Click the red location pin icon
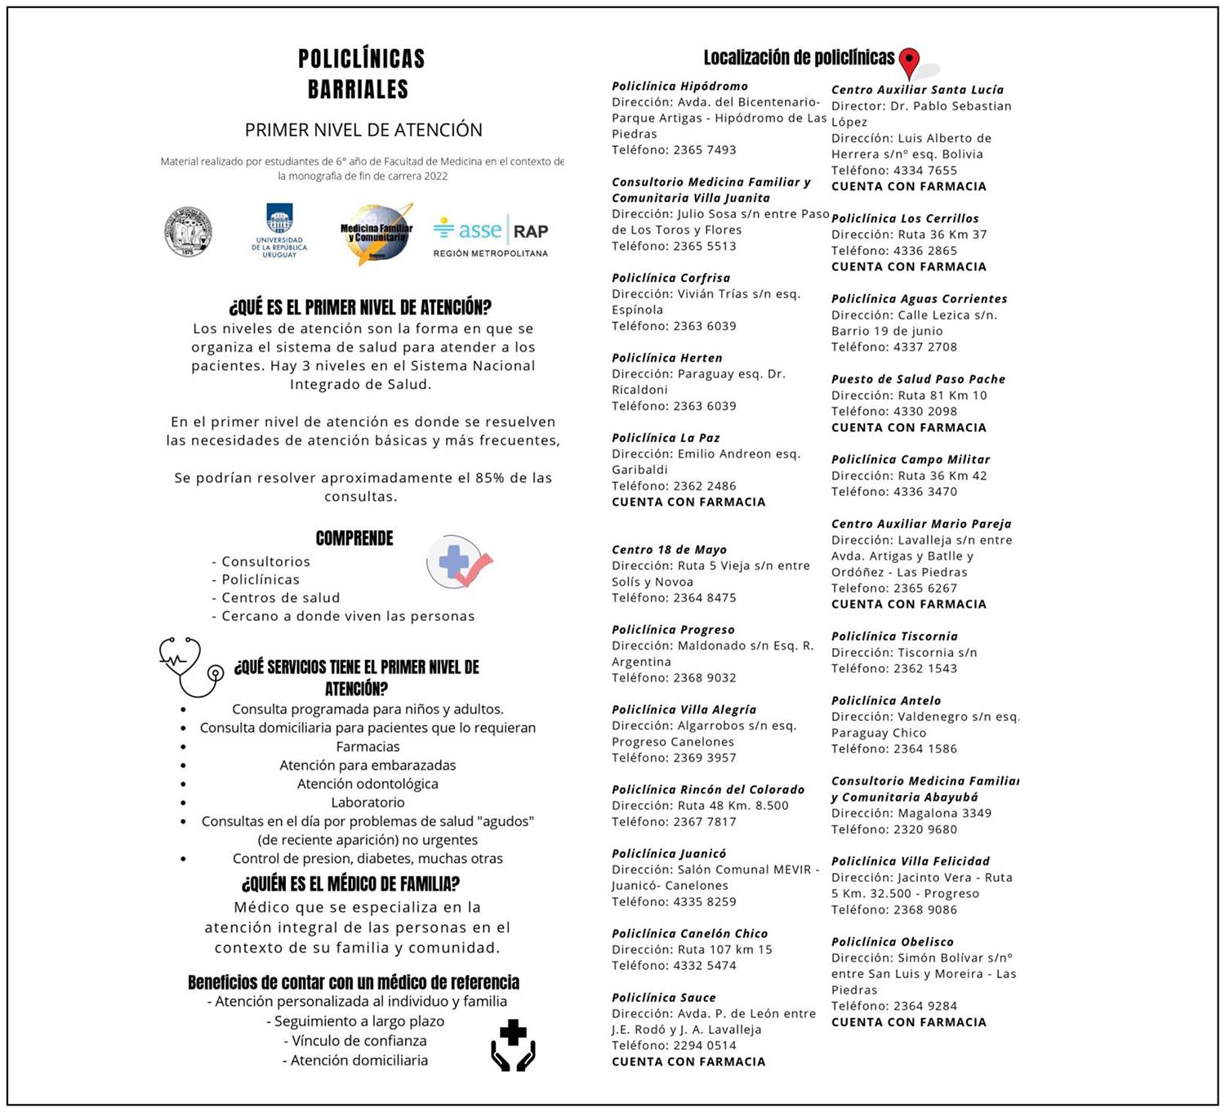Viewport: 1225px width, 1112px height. coord(909,62)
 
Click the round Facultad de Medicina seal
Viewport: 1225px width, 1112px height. coord(188,232)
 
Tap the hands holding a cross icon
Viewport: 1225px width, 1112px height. coord(513,1045)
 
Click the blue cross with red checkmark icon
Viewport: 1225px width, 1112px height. coord(459,561)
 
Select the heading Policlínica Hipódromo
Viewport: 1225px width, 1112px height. coord(679,86)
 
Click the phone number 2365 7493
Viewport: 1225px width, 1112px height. coord(705,150)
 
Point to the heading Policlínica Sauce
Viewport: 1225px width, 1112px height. coord(663,998)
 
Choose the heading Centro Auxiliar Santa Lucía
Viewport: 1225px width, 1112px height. coord(917,90)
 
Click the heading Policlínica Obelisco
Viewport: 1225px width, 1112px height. coord(892,942)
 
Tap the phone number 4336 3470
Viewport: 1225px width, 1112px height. coord(925,492)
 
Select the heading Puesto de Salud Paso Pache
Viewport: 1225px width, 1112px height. coord(918,379)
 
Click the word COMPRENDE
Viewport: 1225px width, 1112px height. coord(354,538)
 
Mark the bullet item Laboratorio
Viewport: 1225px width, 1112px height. coord(367,802)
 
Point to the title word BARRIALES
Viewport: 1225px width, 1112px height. coord(358,89)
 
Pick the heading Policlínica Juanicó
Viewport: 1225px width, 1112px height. coord(668,854)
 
